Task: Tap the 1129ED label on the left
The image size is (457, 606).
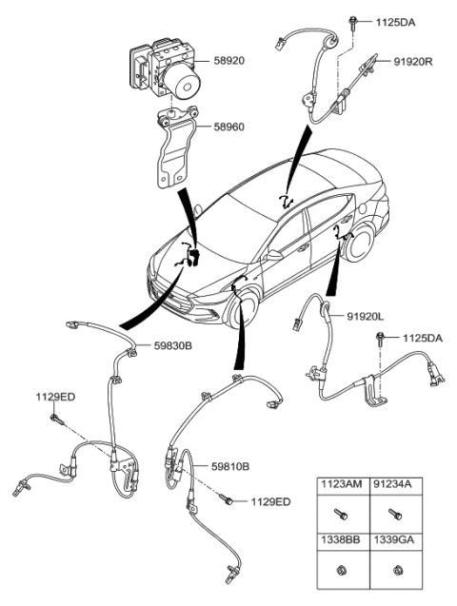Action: (56, 396)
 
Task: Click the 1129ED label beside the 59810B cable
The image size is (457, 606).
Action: (271, 501)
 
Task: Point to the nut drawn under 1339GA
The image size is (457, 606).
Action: (394, 571)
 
